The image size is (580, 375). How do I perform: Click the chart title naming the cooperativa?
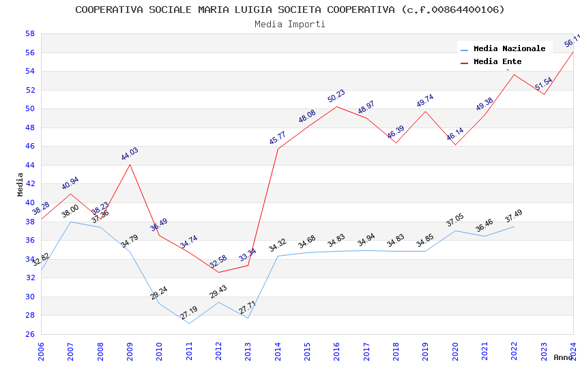coord(290,10)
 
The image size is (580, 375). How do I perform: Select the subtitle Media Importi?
coord(290,25)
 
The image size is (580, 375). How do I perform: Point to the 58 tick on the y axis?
coord(30,33)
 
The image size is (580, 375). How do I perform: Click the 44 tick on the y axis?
coord(30,165)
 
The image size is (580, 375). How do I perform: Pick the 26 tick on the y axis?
coord(30,334)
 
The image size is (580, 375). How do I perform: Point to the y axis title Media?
coord(20,184)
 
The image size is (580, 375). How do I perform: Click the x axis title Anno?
coord(563,357)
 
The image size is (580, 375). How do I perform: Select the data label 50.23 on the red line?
coord(336,97)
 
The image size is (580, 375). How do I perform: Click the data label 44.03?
coord(130,154)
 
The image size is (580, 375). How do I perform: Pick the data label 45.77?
coord(278,139)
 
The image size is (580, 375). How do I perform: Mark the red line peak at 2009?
coord(130,164)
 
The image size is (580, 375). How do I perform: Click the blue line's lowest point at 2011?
coord(189,323)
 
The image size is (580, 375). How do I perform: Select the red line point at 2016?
coord(336,106)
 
